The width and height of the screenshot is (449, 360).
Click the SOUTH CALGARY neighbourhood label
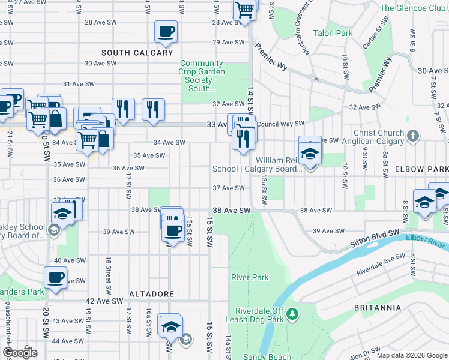point(137,53)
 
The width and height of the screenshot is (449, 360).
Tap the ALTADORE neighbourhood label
point(151,294)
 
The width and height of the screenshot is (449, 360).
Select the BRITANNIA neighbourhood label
point(378,308)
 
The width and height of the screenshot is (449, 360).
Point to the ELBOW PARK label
point(421,170)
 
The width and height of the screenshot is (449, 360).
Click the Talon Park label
point(332,34)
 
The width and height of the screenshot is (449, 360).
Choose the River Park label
point(250,277)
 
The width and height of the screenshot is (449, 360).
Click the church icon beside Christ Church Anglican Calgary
point(412,136)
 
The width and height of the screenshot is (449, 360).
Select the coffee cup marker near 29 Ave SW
point(166,31)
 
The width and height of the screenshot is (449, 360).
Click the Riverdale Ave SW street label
point(381,265)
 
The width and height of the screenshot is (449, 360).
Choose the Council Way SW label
point(281,124)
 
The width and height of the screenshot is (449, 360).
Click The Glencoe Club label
point(413,8)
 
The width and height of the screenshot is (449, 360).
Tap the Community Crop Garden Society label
point(202,76)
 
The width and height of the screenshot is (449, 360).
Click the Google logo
point(19,353)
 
